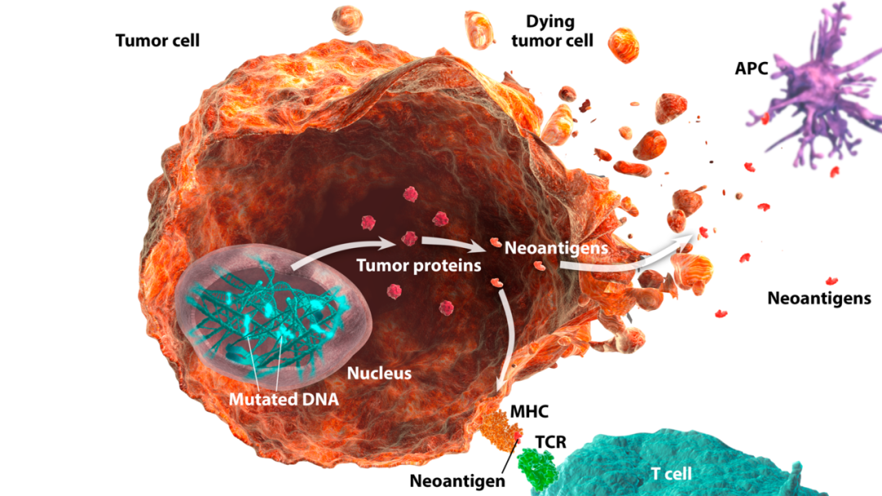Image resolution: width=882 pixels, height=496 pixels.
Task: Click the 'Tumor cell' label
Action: coord(158,40)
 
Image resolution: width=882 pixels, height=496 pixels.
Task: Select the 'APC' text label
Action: coord(751,69)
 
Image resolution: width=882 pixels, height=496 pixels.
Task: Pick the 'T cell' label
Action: coord(670,473)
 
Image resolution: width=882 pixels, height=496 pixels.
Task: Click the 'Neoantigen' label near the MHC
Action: coord(457,480)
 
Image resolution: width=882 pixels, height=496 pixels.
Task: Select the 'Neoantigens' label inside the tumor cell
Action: coord(556,246)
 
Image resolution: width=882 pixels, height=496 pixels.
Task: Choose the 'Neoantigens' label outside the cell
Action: coord(819,299)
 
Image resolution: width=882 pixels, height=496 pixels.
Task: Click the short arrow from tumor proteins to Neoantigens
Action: coord(453,244)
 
